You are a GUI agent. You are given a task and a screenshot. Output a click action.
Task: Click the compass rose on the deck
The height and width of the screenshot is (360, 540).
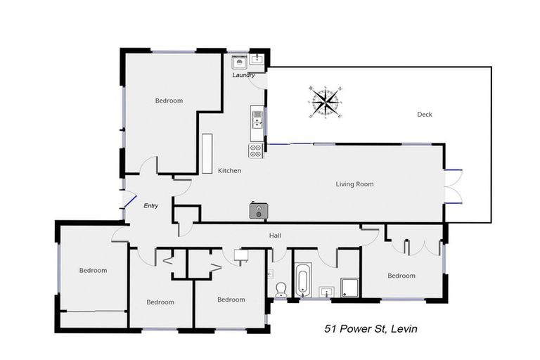326,103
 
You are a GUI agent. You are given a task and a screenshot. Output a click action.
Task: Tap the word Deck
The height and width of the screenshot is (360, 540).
424,115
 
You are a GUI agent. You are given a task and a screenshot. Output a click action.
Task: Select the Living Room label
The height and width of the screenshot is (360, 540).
354,184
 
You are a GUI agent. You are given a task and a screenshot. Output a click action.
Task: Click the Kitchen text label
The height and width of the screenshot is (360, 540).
229,171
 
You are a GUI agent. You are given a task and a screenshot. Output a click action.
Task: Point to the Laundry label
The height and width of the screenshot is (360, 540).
243,75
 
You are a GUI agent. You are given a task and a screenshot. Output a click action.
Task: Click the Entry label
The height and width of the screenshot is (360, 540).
150,206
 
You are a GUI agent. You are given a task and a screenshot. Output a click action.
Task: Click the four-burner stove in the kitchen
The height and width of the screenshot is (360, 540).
255,150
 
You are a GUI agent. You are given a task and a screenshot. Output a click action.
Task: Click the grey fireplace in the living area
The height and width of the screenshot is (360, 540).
258,210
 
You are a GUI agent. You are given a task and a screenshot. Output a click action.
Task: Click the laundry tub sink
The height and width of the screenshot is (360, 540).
257,59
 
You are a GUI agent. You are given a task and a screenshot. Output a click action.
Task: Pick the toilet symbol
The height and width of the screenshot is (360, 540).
281,290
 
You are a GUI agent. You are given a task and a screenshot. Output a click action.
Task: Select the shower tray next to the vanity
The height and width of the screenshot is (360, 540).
349,288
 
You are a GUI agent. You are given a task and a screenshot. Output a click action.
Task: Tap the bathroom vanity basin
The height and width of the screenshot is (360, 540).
325,290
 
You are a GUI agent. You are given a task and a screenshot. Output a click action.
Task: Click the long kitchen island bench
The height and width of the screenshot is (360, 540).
207,153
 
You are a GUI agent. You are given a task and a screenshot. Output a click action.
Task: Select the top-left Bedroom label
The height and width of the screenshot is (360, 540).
169,101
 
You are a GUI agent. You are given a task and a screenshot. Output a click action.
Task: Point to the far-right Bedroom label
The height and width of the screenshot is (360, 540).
401,276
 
